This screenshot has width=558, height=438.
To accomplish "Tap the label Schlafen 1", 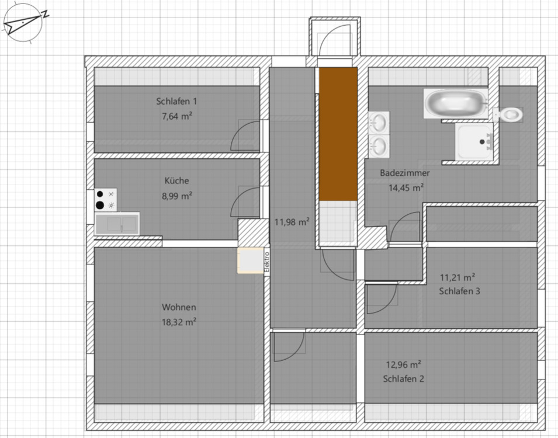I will (176, 101).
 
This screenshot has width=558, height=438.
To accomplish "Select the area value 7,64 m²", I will (177, 116).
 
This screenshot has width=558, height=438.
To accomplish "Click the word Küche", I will (176, 181).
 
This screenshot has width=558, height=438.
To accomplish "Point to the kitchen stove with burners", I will (105, 199).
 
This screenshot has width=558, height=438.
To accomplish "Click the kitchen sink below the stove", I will (117, 223).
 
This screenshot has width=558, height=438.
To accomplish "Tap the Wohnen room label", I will (179, 307).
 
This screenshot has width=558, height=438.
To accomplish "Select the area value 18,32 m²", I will (179, 322).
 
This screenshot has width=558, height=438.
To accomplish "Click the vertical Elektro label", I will (266, 262).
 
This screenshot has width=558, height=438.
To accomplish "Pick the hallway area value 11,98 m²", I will (292, 222).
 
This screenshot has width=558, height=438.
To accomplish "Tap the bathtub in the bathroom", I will (455, 103).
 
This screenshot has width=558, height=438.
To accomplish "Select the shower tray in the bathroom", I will (475, 141).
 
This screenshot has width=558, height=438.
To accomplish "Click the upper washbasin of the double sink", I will (379, 123).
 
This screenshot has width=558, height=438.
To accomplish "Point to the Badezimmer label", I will (405, 173).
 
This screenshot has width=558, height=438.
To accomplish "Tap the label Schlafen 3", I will (459, 291).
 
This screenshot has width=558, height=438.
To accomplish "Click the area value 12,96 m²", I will (404, 364).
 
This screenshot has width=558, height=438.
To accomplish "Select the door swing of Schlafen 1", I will (244, 137).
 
